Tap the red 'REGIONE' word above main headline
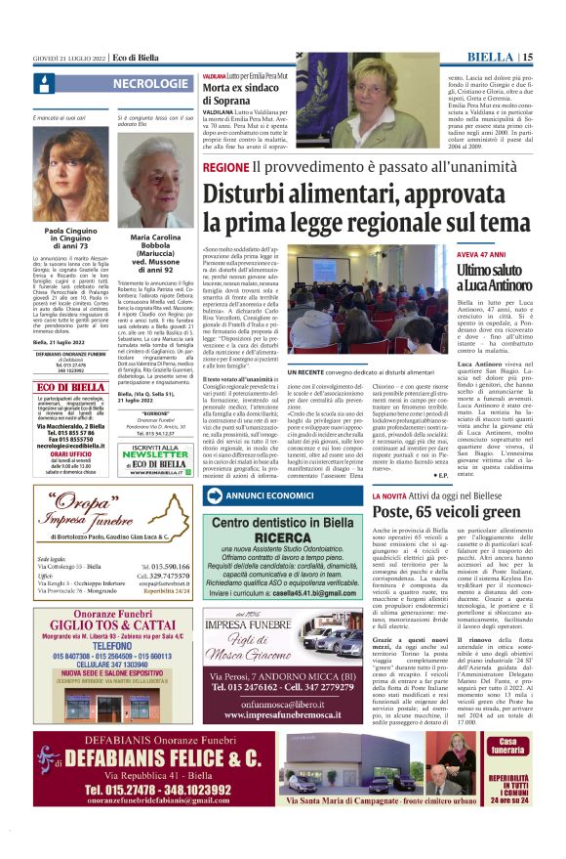(x=225, y=167)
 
